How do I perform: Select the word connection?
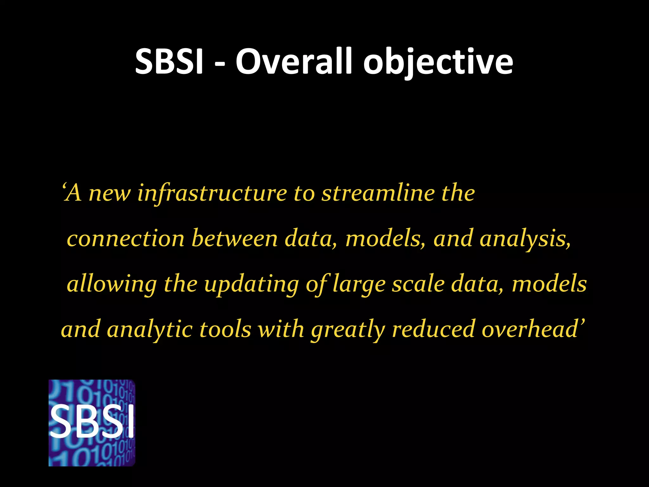pyautogui.click(x=125, y=239)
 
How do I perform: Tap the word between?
pyautogui.click(x=235, y=239)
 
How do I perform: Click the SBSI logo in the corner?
pyautogui.click(x=92, y=423)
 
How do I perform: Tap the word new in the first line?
pyautogui.click(x=110, y=193)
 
